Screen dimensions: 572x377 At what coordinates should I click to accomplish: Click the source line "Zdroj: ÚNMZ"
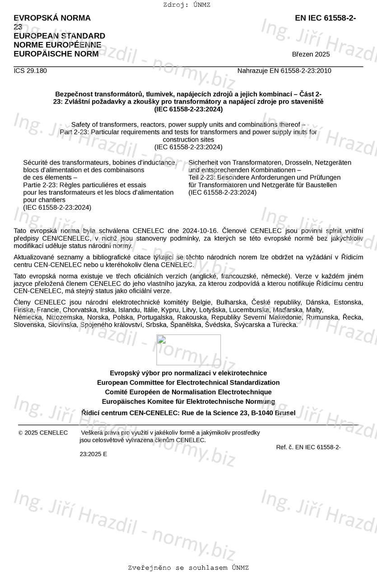186,5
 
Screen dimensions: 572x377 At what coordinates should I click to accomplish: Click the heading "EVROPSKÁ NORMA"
52,18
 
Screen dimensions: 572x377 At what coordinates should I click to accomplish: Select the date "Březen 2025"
311,55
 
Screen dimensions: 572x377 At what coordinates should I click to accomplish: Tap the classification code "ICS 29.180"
30,71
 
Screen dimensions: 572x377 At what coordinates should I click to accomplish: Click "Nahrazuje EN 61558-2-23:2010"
284,71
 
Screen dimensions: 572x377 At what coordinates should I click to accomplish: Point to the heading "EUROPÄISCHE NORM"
56,54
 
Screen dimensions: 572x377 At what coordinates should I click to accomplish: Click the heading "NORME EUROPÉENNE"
57,45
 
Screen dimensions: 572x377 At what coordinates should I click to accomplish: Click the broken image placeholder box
188,349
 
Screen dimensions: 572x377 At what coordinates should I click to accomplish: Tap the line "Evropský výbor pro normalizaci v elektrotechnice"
188,373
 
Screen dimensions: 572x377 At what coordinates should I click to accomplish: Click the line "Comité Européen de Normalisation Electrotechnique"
188,392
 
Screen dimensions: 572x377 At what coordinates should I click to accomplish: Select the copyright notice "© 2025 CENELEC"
43,433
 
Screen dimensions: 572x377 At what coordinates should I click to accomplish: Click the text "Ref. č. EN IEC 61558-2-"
308,447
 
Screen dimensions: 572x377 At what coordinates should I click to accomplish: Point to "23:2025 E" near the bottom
93,454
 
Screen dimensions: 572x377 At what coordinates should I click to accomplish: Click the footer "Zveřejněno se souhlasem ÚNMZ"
188,567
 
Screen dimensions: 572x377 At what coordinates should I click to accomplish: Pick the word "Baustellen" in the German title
321,185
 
